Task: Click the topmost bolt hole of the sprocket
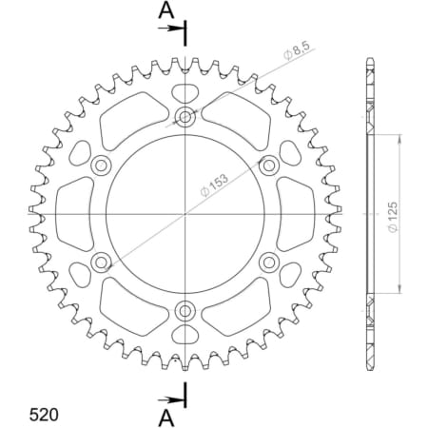point(185,117)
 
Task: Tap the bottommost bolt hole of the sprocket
point(185,309)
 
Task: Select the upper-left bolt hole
point(101,165)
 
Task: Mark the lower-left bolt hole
point(101,261)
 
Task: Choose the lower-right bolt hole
point(267,261)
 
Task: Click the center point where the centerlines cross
point(185,213)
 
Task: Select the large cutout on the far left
point(72,213)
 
